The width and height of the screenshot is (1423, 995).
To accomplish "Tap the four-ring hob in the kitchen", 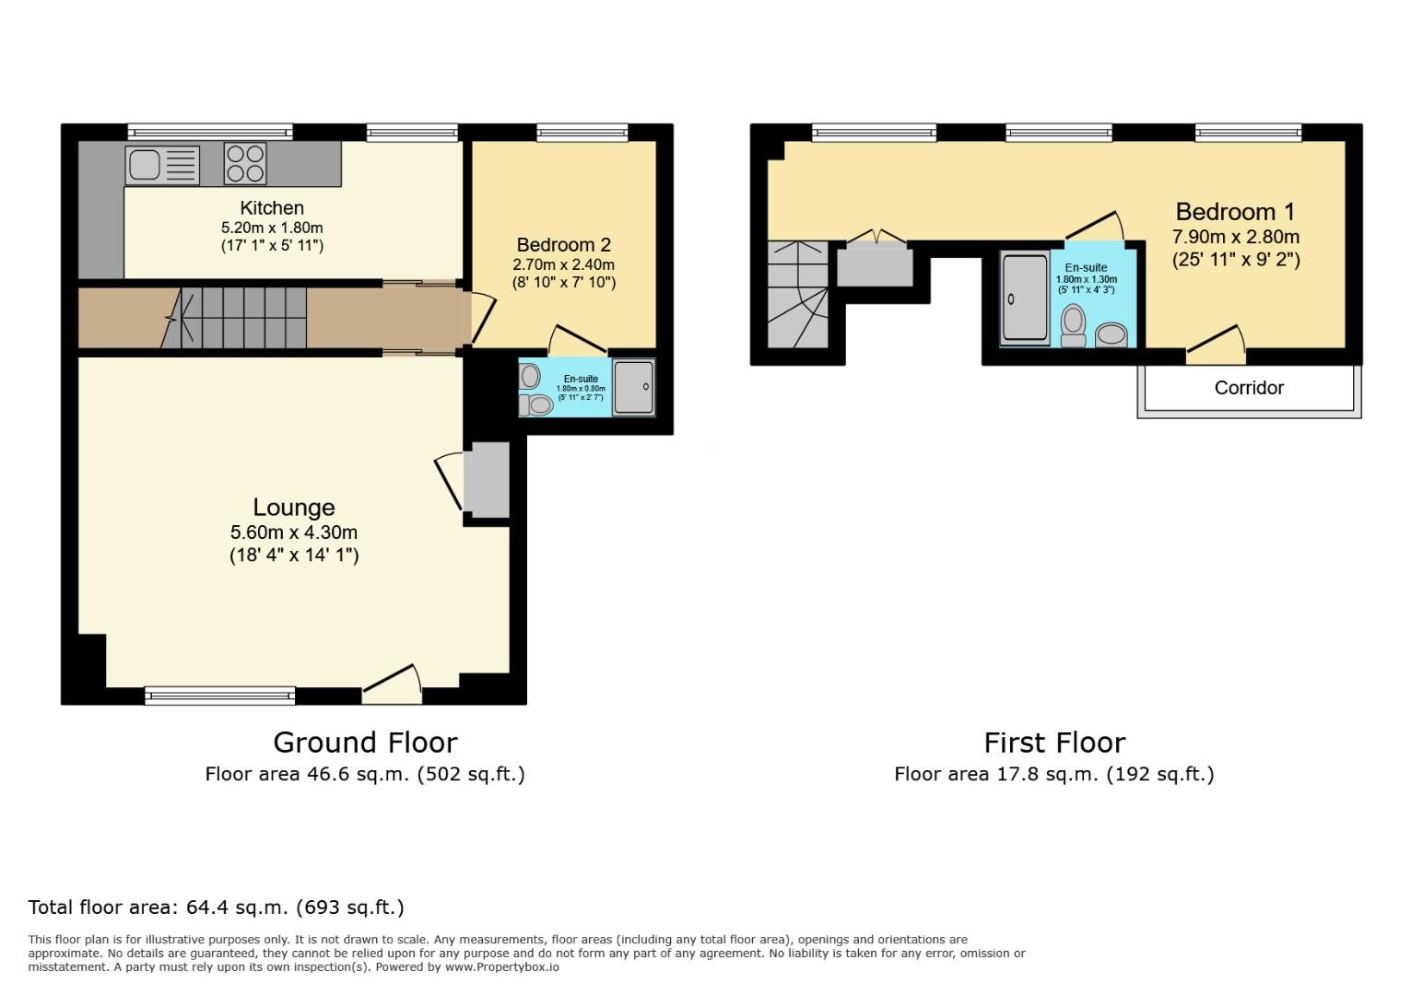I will pyautogui.click(x=245, y=164).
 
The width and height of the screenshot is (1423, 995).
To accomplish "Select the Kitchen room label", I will pyautogui.click(x=272, y=208).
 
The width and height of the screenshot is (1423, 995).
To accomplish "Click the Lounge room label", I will pyautogui.click(x=294, y=508).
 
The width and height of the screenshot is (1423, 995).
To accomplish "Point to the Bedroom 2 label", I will pyautogui.click(x=563, y=245).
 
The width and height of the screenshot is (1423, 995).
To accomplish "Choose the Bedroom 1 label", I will pyautogui.click(x=1235, y=212).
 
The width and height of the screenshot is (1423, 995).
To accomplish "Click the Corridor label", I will pyautogui.click(x=1249, y=388).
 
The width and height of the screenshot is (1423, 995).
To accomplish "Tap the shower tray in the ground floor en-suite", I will pyautogui.click(x=632, y=387).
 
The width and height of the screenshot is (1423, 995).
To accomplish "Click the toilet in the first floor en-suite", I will pyautogui.click(x=1073, y=325).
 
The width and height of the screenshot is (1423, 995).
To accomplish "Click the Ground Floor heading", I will pyautogui.click(x=365, y=743).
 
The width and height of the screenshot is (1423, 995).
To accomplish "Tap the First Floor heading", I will pyautogui.click(x=1054, y=743).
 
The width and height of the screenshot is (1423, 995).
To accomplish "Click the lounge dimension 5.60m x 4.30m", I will pyautogui.click(x=294, y=533).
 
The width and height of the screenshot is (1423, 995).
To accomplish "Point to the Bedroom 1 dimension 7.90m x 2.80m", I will pyautogui.click(x=1235, y=237).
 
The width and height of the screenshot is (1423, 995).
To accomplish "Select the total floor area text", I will pyautogui.click(x=216, y=907).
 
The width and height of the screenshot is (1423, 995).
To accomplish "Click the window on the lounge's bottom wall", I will pyautogui.click(x=220, y=696).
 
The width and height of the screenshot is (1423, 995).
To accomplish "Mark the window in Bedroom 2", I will pyautogui.click(x=582, y=133).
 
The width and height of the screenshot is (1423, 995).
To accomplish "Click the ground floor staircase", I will pyautogui.click(x=241, y=317).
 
